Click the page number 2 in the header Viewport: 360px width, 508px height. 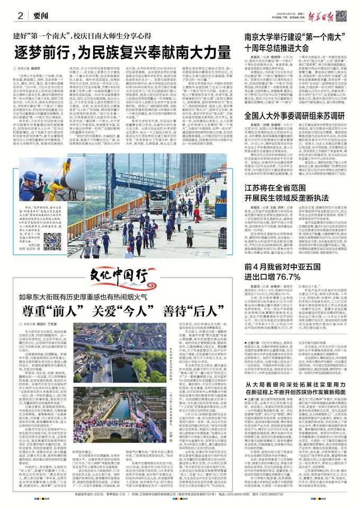[20, 15]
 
